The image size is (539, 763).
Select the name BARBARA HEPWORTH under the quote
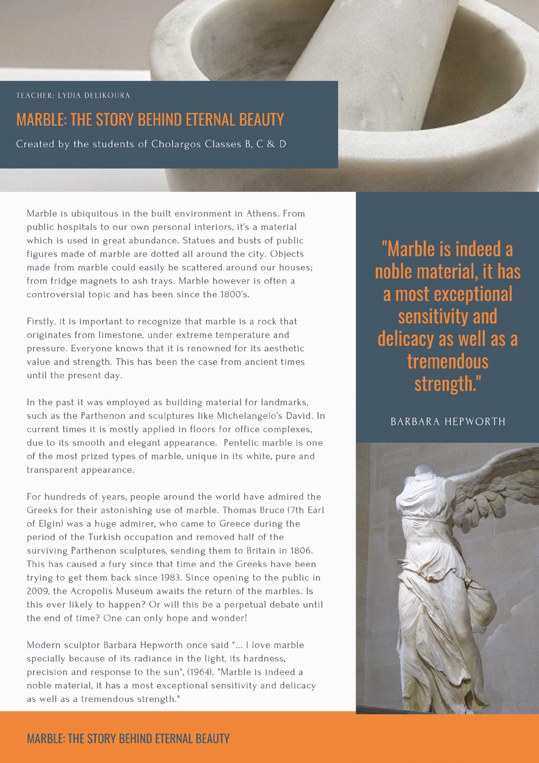tap(448, 421)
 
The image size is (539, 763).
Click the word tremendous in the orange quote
tap(448, 361)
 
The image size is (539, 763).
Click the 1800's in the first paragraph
tap(234, 295)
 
